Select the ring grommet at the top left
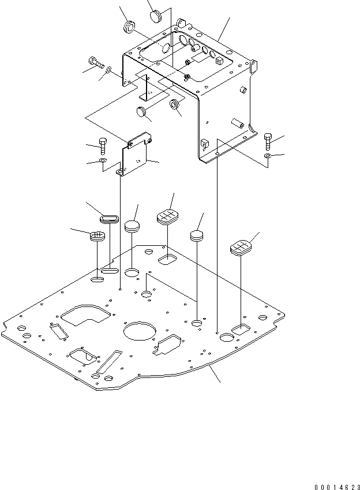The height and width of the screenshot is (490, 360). coord(129,27)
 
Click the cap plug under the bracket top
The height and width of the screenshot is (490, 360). coord(144,111)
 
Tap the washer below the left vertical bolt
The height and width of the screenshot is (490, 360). coord(102,160)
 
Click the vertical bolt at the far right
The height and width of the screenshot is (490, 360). coord(268,140)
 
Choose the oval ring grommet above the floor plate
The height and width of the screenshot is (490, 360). coord(108,218)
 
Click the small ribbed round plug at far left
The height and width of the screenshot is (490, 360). coord(97,235)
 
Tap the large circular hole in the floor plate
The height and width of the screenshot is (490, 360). coord(139,334)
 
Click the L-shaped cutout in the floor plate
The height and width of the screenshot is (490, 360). coord(85,316)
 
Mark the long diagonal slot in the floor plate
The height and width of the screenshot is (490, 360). coord(108,361)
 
